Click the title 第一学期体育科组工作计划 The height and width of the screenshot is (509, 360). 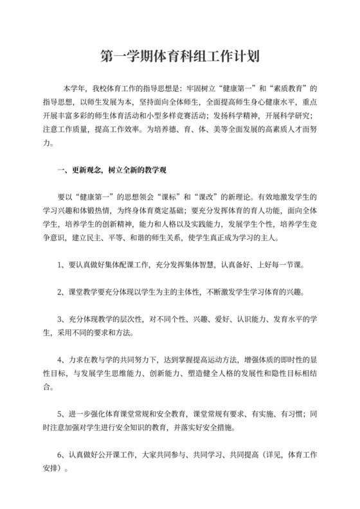point(180,57)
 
